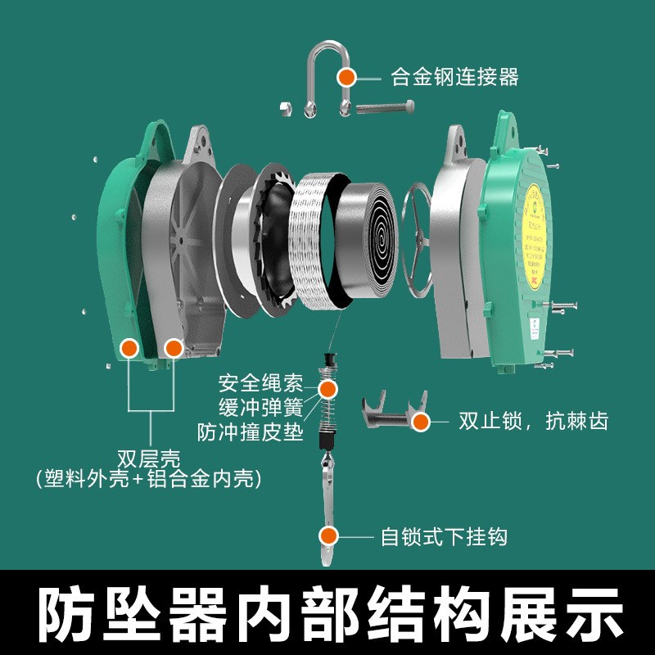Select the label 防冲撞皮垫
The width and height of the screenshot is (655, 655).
click(x=250, y=431)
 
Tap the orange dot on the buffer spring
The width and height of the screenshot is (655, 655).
click(x=328, y=388)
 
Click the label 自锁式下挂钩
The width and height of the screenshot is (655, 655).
click(x=444, y=537)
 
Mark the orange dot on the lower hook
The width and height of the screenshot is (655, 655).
click(x=328, y=536)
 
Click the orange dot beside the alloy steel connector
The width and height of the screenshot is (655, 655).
click(x=347, y=78)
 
